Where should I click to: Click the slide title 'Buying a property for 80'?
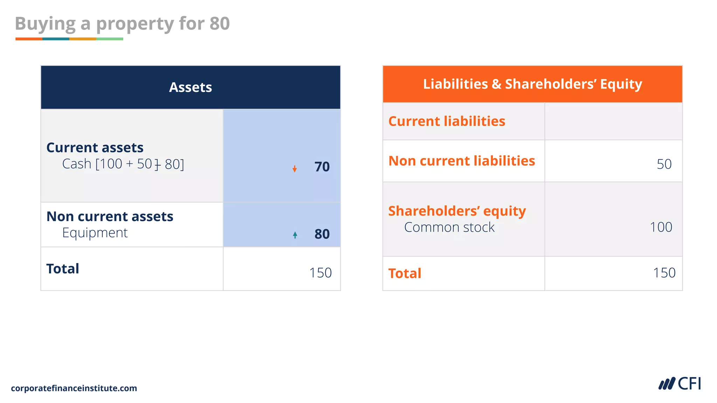(122, 24)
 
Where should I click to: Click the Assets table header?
(190, 87)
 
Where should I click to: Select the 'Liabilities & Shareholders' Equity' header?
(532, 84)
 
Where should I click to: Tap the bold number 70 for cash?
(322, 167)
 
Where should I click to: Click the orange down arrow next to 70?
(295, 169)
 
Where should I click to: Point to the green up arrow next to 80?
(295, 235)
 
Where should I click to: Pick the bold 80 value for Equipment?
(322, 234)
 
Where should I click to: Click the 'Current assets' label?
(95, 148)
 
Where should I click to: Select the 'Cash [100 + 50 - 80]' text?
(123, 164)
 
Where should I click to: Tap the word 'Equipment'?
(95, 233)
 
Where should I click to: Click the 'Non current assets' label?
(110, 217)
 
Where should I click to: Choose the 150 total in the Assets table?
(320, 273)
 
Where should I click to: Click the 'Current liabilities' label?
(447, 121)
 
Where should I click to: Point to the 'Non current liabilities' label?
(462, 161)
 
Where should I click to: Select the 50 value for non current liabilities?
(664, 164)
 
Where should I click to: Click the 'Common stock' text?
(449, 227)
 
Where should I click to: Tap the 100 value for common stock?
(661, 227)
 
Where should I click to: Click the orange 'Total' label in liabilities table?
(405, 273)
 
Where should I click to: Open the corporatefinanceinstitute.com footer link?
(74, 388)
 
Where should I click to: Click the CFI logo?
(680, 384)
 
